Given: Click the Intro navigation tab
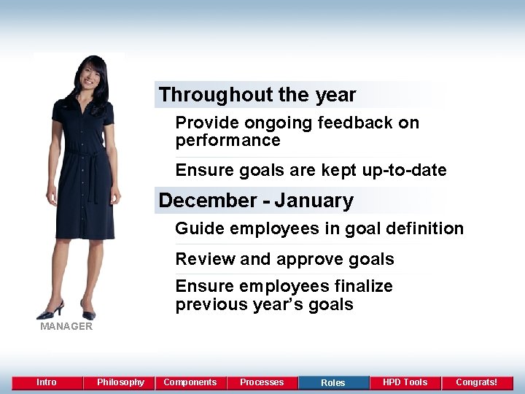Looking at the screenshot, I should (x=47, y=382).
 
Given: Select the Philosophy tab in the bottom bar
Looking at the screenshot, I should (x=120, y=382).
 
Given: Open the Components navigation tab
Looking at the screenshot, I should (x=190, y=382).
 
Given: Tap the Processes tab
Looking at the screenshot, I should (x=262, y=382).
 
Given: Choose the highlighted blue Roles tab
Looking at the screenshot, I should (x=333, y=382).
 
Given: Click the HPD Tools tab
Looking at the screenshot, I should (x=405, y=382).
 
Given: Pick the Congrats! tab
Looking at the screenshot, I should (x=476, y=382).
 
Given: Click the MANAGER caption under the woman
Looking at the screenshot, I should (x=66, y=326).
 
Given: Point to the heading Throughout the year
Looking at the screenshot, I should (x=257, y=95).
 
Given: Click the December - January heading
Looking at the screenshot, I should (x=256, y=201).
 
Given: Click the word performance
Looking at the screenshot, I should (x=227, y=140).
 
